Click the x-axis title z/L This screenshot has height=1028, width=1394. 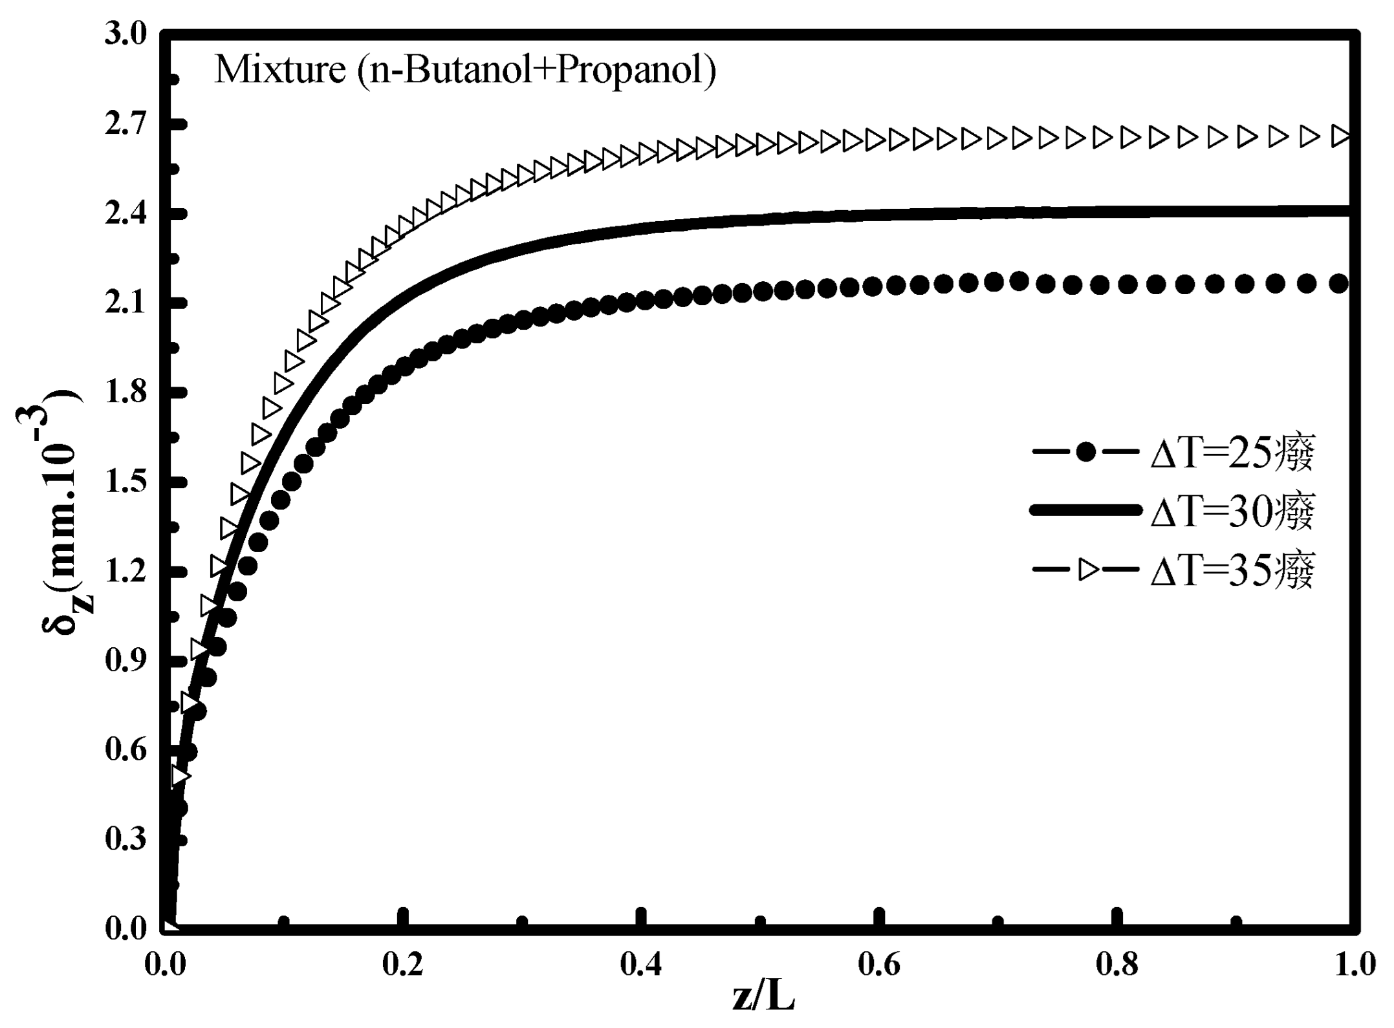763,997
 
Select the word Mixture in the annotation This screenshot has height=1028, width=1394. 279,70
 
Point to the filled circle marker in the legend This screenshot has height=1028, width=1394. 1087,453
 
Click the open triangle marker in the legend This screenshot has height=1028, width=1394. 1087,570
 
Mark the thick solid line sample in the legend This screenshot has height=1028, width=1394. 1087,511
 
